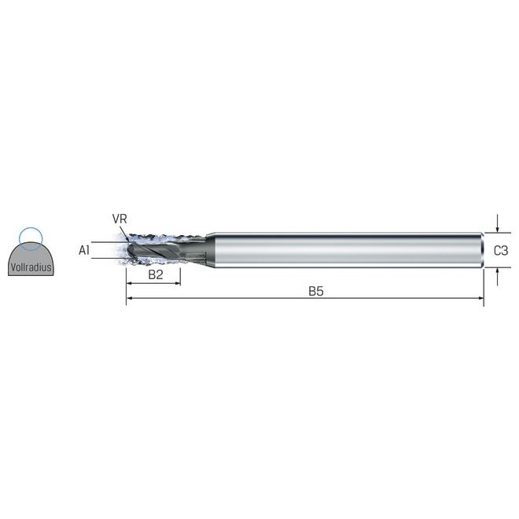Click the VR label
(120, 219)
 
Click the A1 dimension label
(84, 250)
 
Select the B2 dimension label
(156, 274)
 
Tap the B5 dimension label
(316, 291)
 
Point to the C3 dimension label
(500, 251)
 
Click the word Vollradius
(31, 267)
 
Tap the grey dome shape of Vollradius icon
(31, 262)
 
